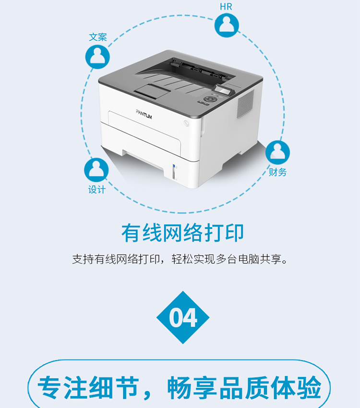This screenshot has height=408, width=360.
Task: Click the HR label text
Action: point(226,7)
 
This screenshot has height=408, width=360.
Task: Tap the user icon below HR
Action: point(227,25)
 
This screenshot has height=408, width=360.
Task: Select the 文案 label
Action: point(98,37)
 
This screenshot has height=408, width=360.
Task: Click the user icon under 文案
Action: point(97,57)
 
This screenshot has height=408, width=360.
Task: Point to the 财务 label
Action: point(278,172)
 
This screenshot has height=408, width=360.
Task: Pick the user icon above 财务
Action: point(277,152)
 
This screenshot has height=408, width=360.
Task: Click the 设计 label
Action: point(96,190)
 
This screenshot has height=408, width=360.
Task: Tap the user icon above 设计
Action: point(96,170)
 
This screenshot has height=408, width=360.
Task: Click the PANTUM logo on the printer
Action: point(144,114)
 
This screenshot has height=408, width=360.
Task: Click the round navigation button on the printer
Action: point(210,99)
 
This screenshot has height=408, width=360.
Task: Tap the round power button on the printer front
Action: point(186,123)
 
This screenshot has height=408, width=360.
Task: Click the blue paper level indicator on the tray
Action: point(174,166)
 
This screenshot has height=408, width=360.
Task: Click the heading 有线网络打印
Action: point(182,233)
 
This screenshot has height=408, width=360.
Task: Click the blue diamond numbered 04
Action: point(183,317)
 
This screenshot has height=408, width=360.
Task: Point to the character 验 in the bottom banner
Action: point(309,387)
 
